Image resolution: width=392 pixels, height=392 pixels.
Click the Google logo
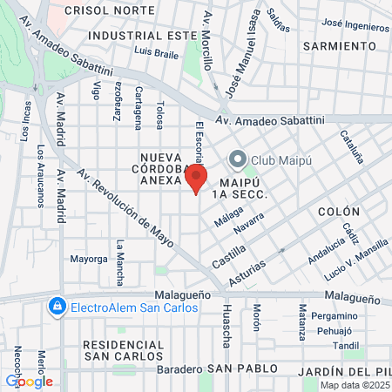29,381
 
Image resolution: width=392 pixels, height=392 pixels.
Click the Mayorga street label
89,259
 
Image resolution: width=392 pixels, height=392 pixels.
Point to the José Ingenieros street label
355,26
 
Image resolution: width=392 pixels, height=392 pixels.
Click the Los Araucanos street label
40,174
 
